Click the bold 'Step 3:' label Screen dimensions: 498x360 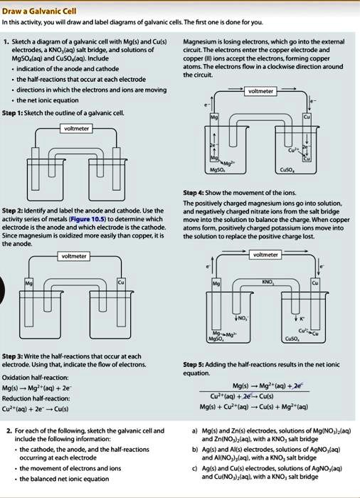click(15, 355)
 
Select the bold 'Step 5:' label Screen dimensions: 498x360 click(195, 363)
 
